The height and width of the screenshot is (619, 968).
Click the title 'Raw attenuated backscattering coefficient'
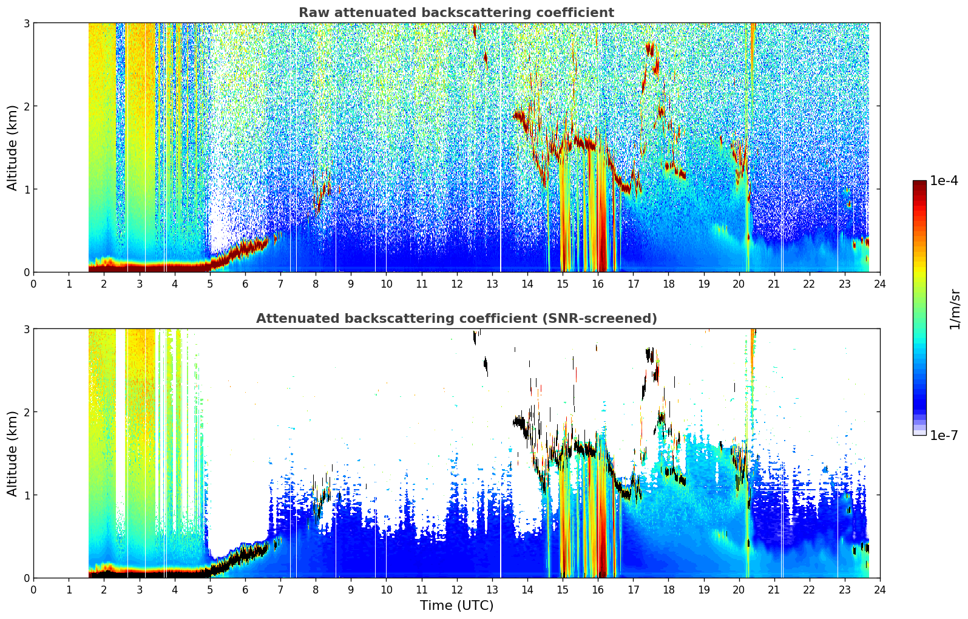coord(456,13)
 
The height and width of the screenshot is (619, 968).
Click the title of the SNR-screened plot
coord(456,318)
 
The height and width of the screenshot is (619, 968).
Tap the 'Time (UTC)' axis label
coord(456,605)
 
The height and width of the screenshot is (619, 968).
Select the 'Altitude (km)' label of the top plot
coord(12,147)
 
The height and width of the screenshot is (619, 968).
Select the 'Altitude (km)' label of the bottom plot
coord(12,453)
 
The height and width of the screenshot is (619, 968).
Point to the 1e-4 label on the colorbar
coord(944,181)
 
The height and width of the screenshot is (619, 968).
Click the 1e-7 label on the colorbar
coord(944,435)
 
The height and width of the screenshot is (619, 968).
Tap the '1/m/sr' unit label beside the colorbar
coord(955,309)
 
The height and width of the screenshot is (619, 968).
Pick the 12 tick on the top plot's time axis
coord(457,284)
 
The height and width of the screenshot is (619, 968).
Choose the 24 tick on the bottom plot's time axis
coord(880,590)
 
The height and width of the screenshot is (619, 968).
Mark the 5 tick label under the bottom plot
coord(210,590)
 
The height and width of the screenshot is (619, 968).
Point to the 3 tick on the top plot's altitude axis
coord(26,23)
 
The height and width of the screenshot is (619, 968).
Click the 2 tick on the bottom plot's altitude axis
coord(26,412)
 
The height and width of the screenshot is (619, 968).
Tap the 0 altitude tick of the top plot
coord(26,272)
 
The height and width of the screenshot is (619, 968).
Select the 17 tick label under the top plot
coord(633,284)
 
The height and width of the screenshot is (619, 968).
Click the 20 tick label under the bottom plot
coord(739,590)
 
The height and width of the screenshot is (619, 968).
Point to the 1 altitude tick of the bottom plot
coord(26,495)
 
